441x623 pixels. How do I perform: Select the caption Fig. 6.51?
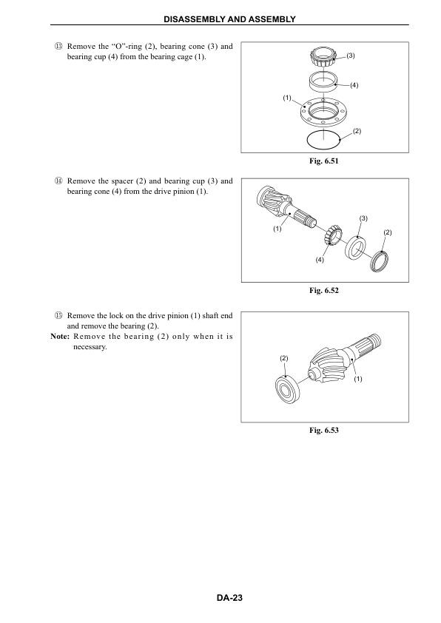[x=325, y=161]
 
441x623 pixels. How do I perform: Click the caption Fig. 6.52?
[x=325, y=290]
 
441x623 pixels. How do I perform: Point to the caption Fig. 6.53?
[x=325, y=430]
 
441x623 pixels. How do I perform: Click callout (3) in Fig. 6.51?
[x=351, y=56]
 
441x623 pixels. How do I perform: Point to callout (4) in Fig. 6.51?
[x=354, y=86]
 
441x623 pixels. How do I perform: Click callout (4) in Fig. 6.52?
[x=320, y=260]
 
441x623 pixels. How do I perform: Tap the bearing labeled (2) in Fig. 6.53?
[x=286, y=387]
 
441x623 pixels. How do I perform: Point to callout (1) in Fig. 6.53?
[x=358, y=380]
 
